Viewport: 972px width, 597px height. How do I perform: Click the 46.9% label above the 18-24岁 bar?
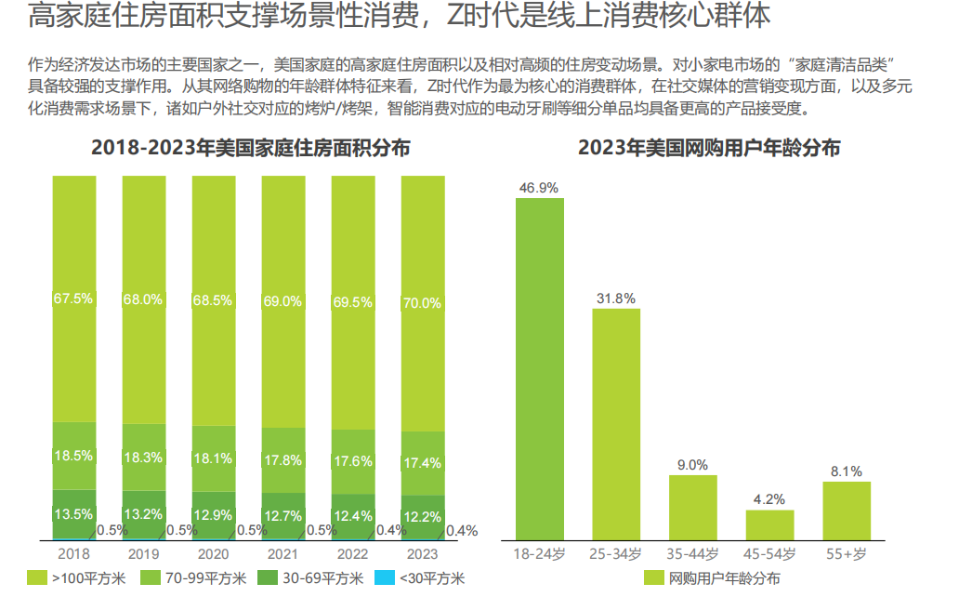pyautogui.click(x=539, y=189)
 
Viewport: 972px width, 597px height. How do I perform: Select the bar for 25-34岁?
pyautogui.click(x=617, y=423)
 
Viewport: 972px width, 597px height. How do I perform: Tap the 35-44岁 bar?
pyautogui.click(x=693, y=507)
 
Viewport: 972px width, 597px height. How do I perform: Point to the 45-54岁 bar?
pyautogui.click(x=770, y=524)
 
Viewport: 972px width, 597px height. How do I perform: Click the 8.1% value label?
pyautogui.click(x=847, y=471)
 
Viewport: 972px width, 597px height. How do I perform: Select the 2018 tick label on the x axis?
pyautogui.click(x=73, y=554)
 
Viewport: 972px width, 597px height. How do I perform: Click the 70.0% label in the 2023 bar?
pyautogui.click(x=422, y=302)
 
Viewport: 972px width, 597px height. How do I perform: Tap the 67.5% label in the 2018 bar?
pyautogui.click(x=73, y=298)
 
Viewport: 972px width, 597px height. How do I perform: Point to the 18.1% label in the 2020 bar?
pyautogui.click(x=213, y=458)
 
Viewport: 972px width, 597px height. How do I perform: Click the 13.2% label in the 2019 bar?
pyautogui.click(x=143, y=513)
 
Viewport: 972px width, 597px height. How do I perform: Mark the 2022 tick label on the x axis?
pyautogui.click(x=352, y=554)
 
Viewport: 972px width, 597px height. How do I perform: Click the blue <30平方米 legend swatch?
pyautogui.click(x=385, y=578)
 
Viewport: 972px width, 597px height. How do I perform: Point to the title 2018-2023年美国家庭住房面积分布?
pyautogui.click(x=250, y=149)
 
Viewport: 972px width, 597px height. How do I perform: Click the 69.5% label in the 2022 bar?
pyautogui.click(x=352, y=302)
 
